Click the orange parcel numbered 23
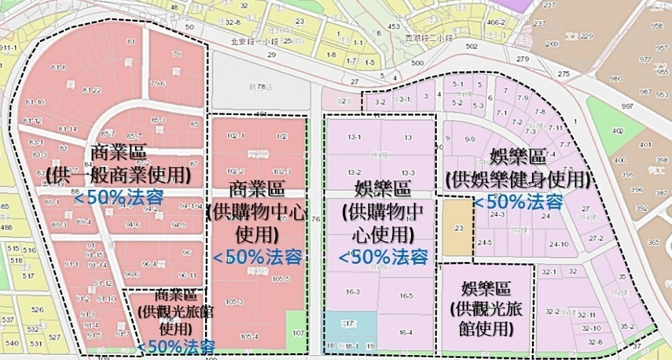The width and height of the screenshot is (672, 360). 458,227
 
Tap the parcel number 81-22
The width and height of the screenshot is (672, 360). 92,90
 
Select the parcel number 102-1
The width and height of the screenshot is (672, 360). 237,137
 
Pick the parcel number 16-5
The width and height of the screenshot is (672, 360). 406,296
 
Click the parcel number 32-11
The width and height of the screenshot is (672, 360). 587,315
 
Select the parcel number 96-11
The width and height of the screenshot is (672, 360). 187,275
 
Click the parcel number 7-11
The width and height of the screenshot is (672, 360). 555,128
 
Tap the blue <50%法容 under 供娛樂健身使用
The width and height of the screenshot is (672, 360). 519,202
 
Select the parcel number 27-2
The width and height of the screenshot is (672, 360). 596,238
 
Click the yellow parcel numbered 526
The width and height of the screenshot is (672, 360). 37,309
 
